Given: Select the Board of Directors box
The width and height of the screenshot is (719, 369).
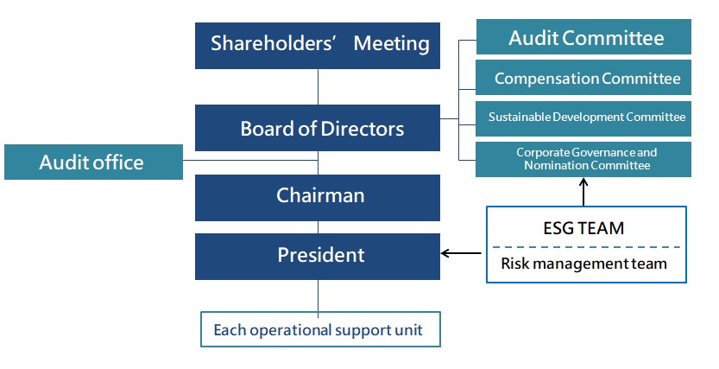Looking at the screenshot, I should tap(318, 129).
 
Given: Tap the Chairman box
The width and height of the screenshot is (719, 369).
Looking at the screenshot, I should tap(318, 196).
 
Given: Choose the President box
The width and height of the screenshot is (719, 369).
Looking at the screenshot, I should tap(318, 255).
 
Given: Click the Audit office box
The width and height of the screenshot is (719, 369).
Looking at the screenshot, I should tap(93, 162).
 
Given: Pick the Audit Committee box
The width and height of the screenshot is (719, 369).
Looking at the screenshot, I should tap(583, 38).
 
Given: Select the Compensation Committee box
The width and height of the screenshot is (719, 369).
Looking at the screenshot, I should tap(583, 79).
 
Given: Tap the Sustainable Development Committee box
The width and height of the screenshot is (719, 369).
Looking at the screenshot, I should tap(583, 118).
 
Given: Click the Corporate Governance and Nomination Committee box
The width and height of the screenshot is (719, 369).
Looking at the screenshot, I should tap(583, 159).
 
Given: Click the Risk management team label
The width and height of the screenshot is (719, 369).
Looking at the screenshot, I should tap(584, 264).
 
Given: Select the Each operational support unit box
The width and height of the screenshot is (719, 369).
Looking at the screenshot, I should tap(319, 329).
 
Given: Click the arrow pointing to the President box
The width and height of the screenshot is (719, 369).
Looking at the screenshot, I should tap(462, 254).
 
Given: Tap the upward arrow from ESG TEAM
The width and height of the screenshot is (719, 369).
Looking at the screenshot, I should tap(585, 192).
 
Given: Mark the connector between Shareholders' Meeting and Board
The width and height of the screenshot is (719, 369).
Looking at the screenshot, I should tap(319, 86).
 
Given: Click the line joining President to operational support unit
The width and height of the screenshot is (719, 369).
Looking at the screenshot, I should tap(319, 296).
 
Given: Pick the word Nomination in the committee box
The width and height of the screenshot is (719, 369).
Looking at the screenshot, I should tap(553, 165).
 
